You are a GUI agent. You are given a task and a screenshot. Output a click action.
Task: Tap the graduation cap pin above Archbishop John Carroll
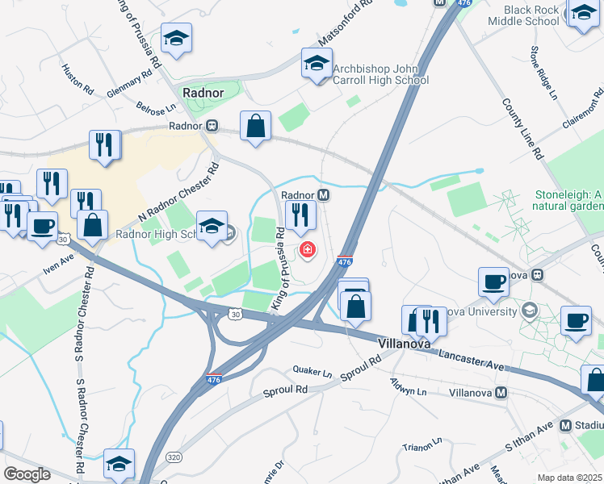point(317,62)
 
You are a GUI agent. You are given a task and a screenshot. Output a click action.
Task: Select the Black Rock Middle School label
point(531,15)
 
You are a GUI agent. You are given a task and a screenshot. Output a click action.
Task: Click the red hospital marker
point(307,250)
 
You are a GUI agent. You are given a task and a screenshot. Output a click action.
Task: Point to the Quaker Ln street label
point(312,373)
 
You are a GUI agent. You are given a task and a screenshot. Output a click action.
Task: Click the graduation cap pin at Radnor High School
point(212,226)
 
